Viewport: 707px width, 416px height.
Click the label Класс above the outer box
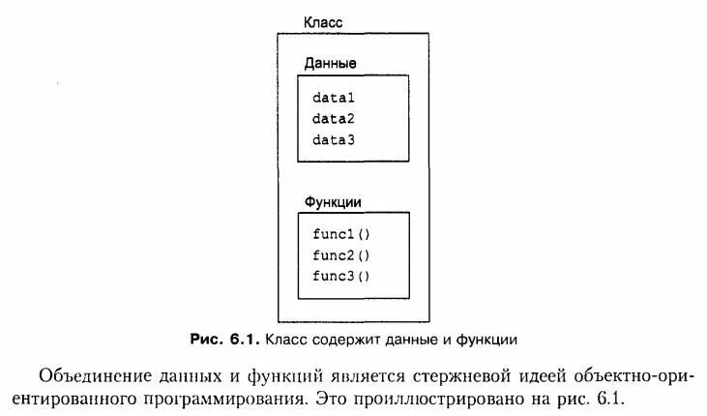click(x=324, y=21)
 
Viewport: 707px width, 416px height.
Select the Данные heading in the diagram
click(x=331, y=63)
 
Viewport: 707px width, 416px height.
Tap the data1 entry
click(x=334, y=98)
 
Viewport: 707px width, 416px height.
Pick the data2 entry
click(x=334, y=119)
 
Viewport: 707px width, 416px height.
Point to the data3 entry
click(x=334, y=140)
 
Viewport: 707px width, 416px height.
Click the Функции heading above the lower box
click(x=334, y=202)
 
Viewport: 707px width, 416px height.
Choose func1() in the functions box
click(x=341, y=234)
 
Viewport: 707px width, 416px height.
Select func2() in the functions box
click(x=341, y=255)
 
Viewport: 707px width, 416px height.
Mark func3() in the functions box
click(x=341, y=277)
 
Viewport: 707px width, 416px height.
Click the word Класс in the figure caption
click(x=286, y=340)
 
